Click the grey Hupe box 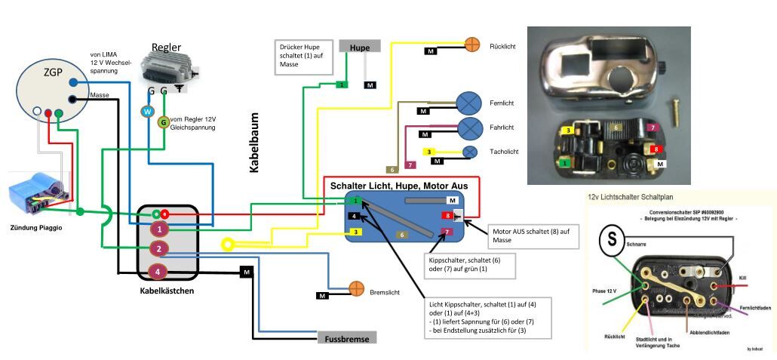(x=361, y=46)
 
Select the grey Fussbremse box (x=347, y=339)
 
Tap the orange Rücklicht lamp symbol (x=471, y=44)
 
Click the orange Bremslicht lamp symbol (x=356, y=289)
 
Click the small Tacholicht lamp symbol (x=470, y=152)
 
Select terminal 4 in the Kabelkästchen (x=158, y=271)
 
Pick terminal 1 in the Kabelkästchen (x=158, y=228)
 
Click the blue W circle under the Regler (x=148, y=112)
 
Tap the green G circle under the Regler (x=163, y=122)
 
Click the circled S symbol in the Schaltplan (x=611, y=242)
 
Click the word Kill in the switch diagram (x=742, y=278)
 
